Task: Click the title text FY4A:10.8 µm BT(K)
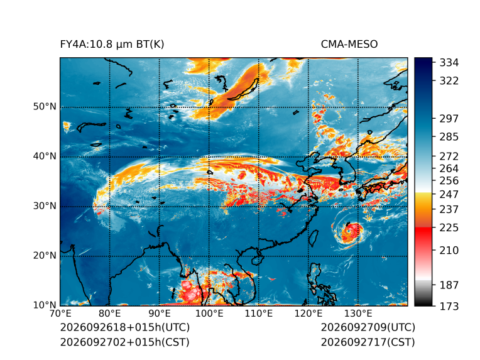point(112,45)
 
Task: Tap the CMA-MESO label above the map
point(349,45)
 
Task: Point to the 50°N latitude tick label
point(45,107)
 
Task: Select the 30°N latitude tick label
point(45,205)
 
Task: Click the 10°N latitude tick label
point(45,305)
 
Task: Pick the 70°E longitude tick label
point(60,314)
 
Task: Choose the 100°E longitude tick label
point(209,314)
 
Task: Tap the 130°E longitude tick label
point(358,314)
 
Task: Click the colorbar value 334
point(449,63)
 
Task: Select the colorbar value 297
point(449,119)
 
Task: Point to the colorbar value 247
point(449,194)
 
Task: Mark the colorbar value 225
point(449,228)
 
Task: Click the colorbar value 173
point(449,306)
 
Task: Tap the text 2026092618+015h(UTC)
point(125,327)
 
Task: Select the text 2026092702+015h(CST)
point(125,342)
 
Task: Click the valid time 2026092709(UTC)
point(368,327)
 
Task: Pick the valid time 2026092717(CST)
point(368,342)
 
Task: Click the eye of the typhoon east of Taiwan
point(351,230)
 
